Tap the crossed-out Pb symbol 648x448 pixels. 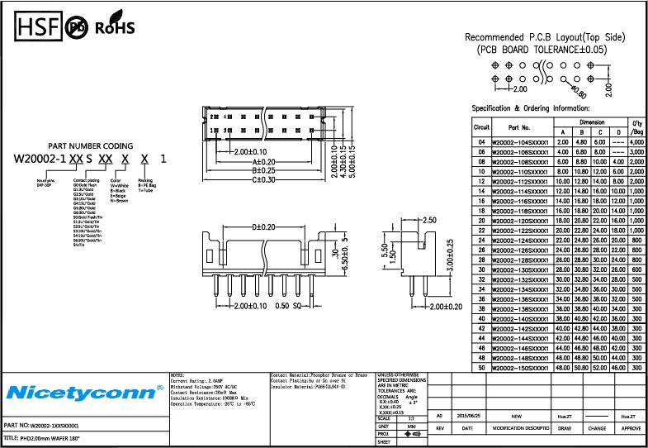77,27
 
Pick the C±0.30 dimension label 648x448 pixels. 263,179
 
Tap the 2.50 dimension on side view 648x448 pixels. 428,221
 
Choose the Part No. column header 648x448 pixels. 519,128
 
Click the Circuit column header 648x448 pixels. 481,128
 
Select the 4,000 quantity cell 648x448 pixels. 636,142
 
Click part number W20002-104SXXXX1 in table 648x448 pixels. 520,142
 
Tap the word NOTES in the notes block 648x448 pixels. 177,374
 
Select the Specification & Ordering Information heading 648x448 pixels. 530,108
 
